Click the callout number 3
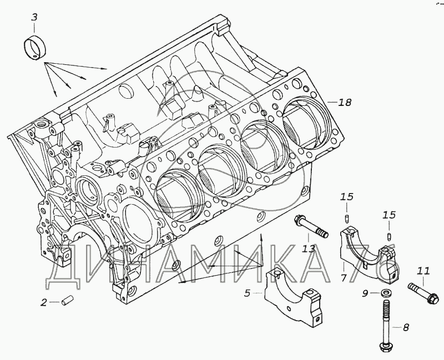coord(34,17)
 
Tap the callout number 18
coord(345,102)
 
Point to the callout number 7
coord(344,276)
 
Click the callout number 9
coord(365,293)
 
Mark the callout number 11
coord(423,271)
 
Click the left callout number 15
coord(346,196)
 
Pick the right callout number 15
coord(389,215)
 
